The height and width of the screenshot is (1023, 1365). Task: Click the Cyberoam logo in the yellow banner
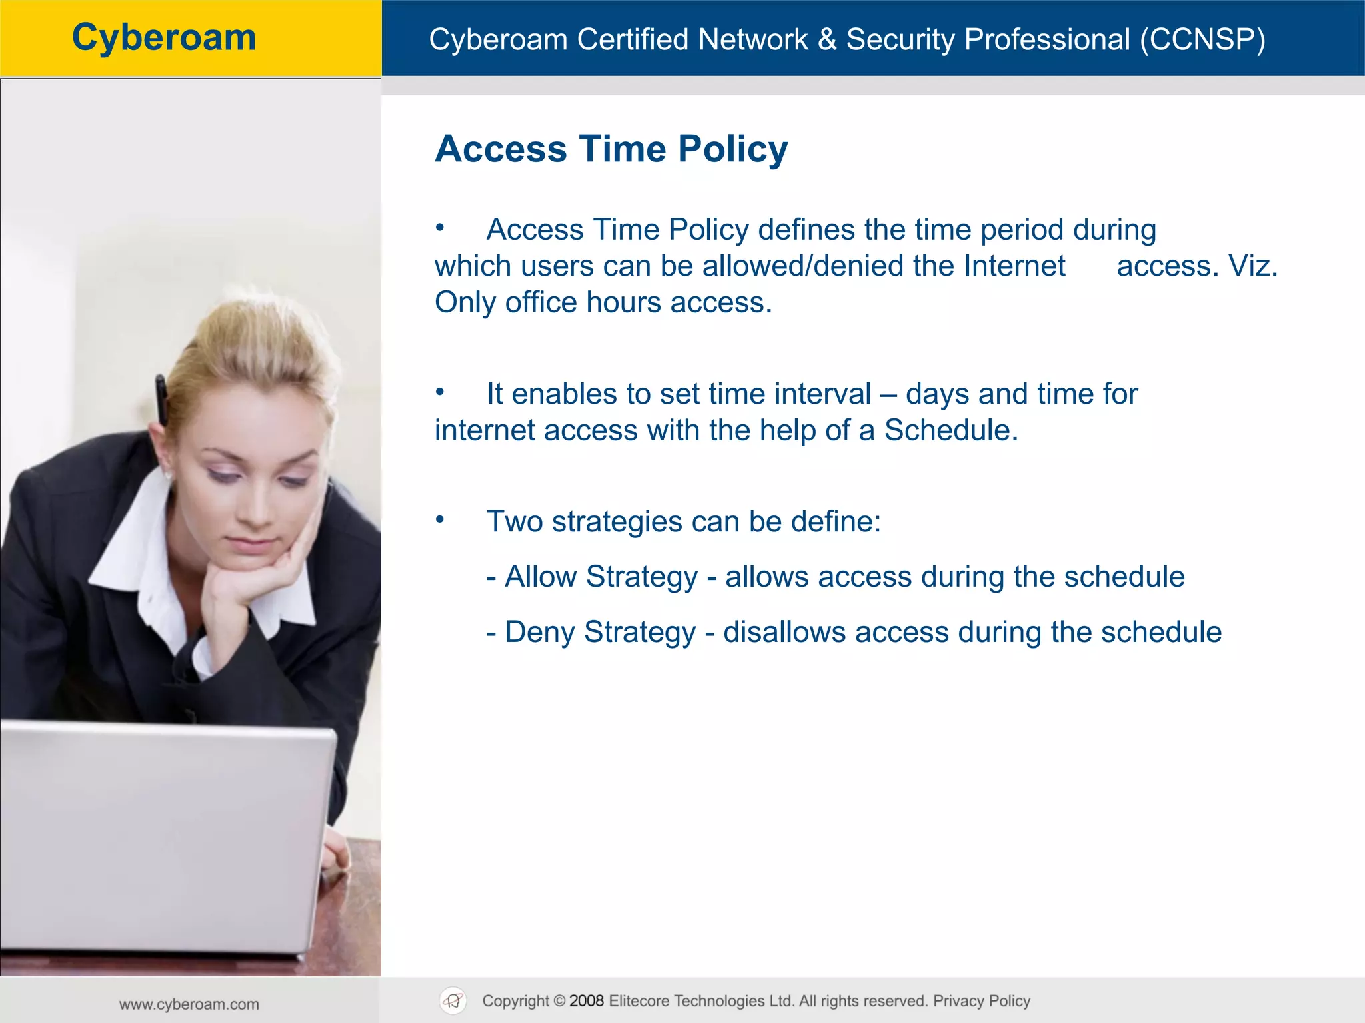[x=164, y=37]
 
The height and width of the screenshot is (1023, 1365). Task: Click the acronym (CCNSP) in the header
[x=1202, y=39]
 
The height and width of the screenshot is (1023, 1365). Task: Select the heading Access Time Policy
[x=611, y=148]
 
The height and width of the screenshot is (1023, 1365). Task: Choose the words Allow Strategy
[x=601, y=577]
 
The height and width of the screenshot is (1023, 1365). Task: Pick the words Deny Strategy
[x=600, y=632]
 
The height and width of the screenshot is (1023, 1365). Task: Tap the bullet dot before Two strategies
[x=440, y=519]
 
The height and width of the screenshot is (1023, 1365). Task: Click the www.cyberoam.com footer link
[x=189, y=1004]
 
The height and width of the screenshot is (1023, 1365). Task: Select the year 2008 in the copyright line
[x=587, y=1001]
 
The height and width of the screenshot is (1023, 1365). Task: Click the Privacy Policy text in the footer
[x=981, y=1001]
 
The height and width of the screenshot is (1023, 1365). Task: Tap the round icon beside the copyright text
[x=453, y=1001]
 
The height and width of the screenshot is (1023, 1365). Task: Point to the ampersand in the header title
[x=827, y=39]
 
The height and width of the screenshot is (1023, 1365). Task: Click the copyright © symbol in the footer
[x=559, y=1001]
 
